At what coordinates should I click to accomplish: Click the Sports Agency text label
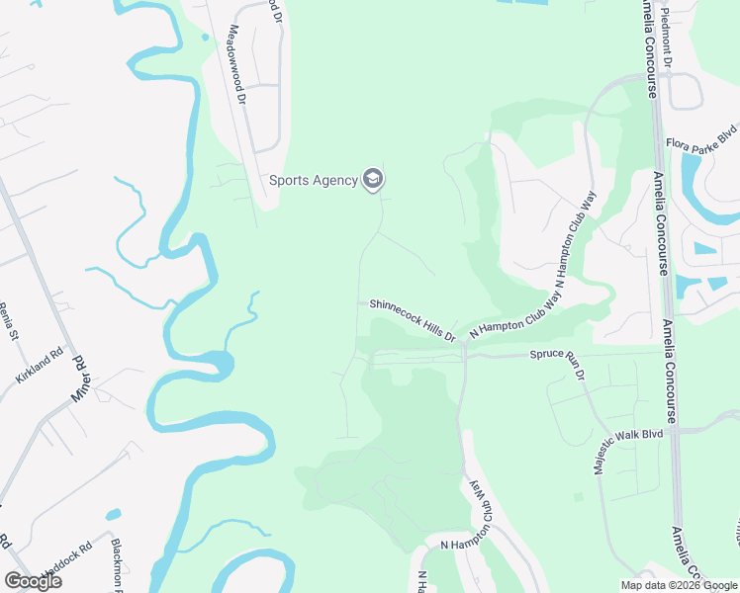(x=314, y=180)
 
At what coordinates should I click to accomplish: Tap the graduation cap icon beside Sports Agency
(x=373, y=179)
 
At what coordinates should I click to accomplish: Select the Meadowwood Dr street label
(x=237, y=65)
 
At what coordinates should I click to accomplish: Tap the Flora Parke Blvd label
(x=701, y=135)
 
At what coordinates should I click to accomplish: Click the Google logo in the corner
(x=34, y=580)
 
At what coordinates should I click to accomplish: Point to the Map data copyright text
(x=678, y=585)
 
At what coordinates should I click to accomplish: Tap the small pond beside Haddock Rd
(x=114, y=515)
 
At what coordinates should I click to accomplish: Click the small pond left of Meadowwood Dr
(x=205, y=38)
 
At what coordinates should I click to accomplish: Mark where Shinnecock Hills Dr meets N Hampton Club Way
(x=463, y=344)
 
